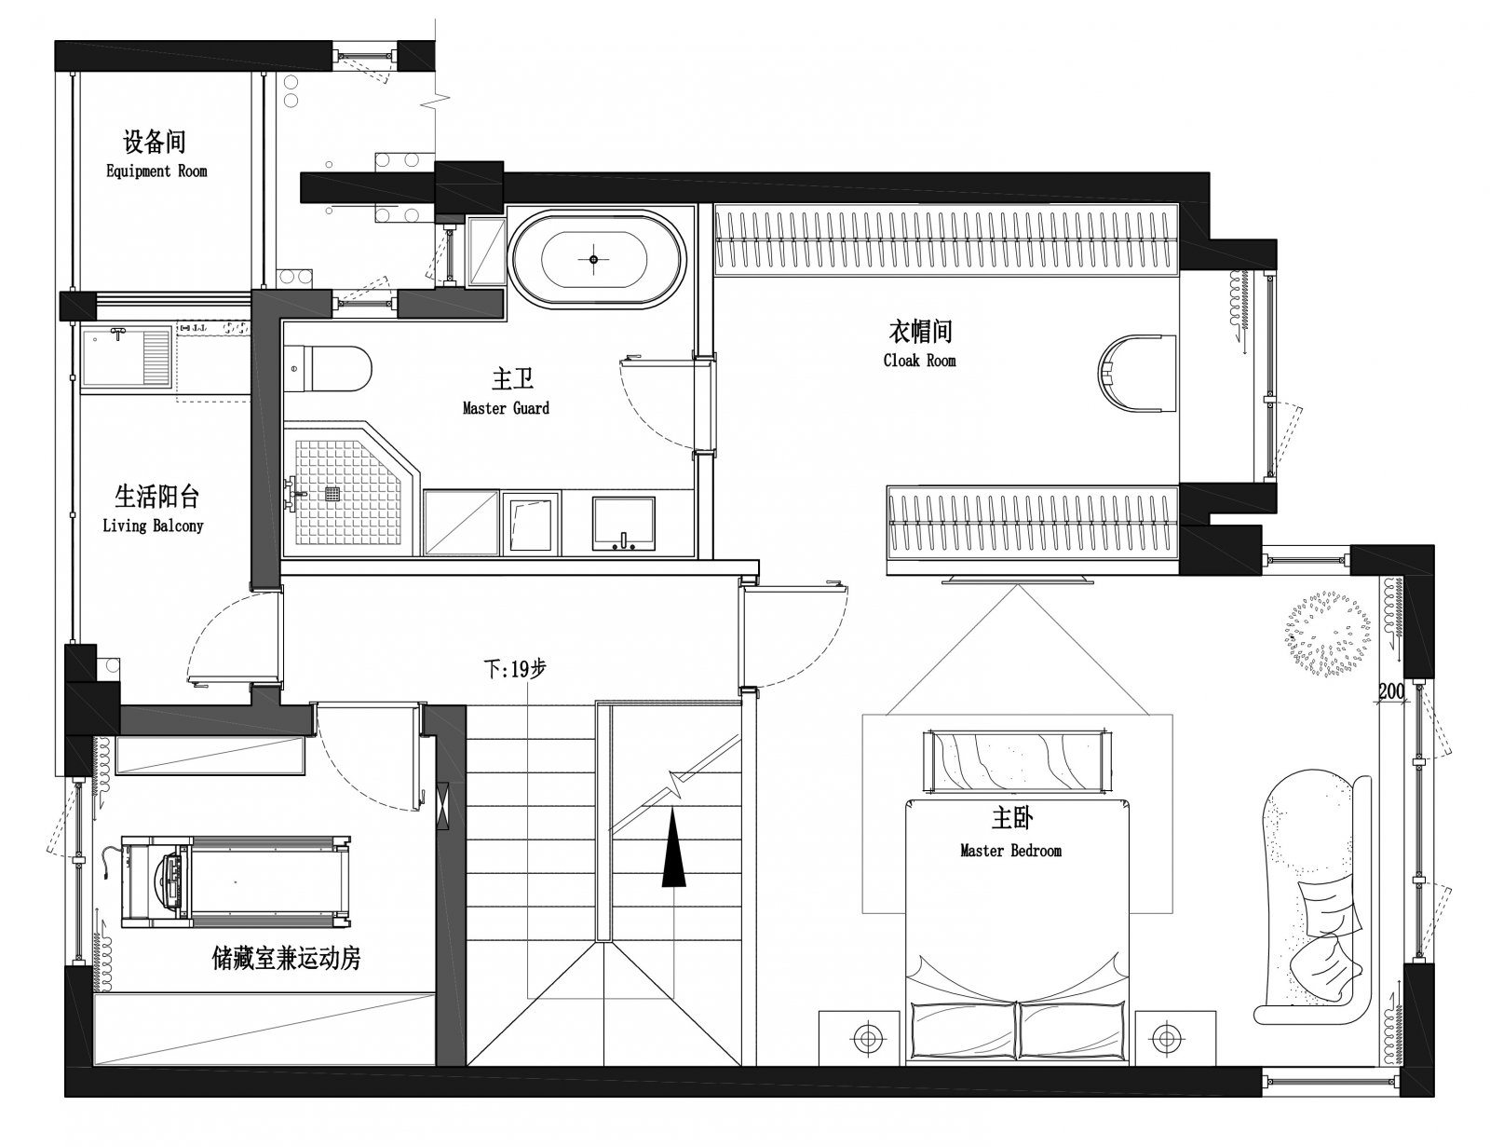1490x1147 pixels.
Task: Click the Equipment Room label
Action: [156, 171]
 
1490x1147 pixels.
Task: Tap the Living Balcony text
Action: [153, 526]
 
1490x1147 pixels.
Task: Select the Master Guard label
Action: [506, 408]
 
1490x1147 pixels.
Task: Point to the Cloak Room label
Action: [919, 361]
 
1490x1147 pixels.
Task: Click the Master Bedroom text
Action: [1010, 851]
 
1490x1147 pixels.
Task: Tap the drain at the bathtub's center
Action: [594, 259]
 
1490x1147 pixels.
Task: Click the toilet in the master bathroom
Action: [328, 368]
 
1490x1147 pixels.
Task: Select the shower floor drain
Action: [332, 494]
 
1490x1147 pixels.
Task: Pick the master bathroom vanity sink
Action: [623, 524]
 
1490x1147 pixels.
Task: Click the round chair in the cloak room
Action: [1136, 374]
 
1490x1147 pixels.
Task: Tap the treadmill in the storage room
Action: [236, 881]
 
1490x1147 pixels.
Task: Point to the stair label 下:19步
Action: [515, 668]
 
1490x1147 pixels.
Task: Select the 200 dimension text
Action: [1391, 690]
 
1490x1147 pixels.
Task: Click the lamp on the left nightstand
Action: [867, 1039]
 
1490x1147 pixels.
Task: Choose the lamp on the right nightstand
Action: [1165, 1038]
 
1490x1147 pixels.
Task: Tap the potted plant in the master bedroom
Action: [1327, 634]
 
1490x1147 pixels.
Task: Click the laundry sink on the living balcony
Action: [127, 357]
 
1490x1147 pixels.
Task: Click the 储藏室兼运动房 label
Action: [287, 959]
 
